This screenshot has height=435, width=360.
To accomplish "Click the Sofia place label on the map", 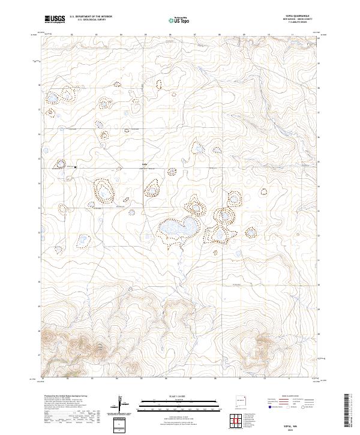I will click(x=144, y=163).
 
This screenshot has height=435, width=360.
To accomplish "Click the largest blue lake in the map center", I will click(x=178, y=228).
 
